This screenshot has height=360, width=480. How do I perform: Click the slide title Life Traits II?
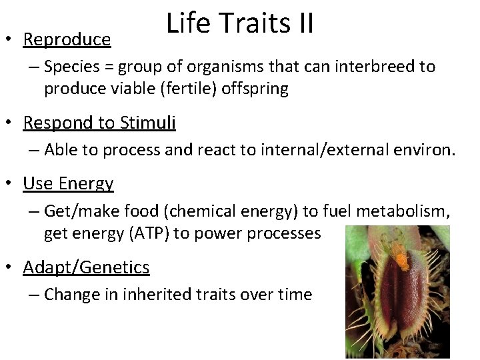[240, 23]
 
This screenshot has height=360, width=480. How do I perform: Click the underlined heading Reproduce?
[67, 40]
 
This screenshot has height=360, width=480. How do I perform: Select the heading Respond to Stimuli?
[99, 123]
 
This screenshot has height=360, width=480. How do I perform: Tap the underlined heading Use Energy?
[68, 183]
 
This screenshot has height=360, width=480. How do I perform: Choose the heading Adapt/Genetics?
[86, 268]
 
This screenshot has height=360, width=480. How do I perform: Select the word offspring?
[258, 89]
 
